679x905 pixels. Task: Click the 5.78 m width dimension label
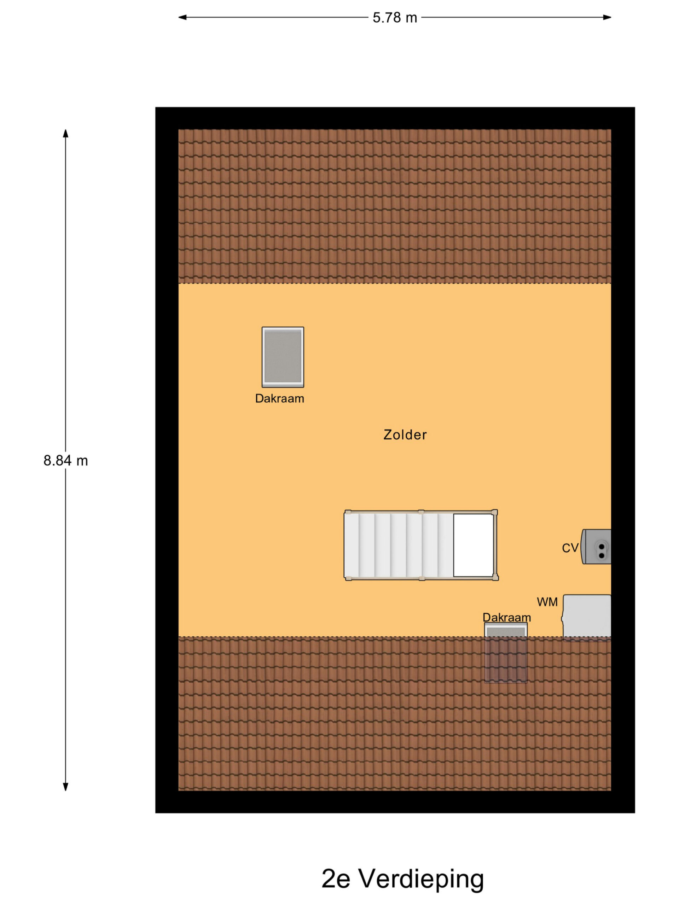(x=395, y=18)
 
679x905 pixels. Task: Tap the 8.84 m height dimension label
(x=65, y=461)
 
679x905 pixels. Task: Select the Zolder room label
(x=405, y=434)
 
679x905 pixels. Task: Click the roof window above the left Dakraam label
(x=283, y=357)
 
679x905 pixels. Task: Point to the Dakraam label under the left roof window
(x=279, y=398)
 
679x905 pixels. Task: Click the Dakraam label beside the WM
(x=507, y=617)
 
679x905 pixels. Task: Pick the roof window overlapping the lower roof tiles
(x=506, y=653)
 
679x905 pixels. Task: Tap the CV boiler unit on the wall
(x=596, y=547)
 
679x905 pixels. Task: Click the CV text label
(x=570, y=548)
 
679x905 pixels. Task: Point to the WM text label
(x=547, y=602)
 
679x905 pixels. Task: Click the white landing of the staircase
(x=474, y=545)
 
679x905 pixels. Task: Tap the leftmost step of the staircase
(x=352, y=545)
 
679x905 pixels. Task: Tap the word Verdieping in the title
(x=422, y=880)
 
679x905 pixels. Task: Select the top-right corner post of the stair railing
(x=494, y=512)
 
